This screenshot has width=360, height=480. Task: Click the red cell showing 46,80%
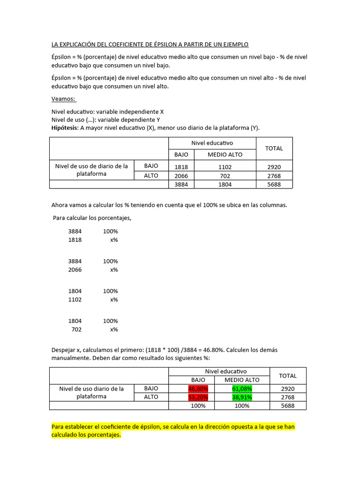[x=198, y=389]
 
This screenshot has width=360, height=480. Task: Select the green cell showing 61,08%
[x=242, y=389]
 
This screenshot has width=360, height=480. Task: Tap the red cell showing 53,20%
[x=198, y=397]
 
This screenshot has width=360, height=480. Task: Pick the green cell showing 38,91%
[x=242, y=397]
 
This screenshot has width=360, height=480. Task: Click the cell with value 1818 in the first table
[x=181, y=166]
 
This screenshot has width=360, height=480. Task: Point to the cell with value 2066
[x=181, y=175]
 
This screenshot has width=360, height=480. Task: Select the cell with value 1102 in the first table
[x=225, y=166]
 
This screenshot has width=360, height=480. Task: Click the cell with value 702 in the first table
[x=225, y=175]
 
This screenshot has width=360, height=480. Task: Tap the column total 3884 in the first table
[x=181, y=184]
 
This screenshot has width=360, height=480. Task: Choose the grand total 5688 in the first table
[x=274, y=184]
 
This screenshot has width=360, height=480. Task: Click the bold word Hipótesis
[x=65, y=127]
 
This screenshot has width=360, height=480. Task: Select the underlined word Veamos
[x=63, y=99]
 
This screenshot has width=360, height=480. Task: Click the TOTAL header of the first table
[x=274, y=148]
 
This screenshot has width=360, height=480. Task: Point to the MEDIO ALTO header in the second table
[x=242, y=380]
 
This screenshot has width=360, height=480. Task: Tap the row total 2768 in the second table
[x=287, y=397]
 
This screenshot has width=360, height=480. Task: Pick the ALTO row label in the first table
[x=151, y=175]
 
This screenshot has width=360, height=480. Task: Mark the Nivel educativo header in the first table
[x=212, y=143]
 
